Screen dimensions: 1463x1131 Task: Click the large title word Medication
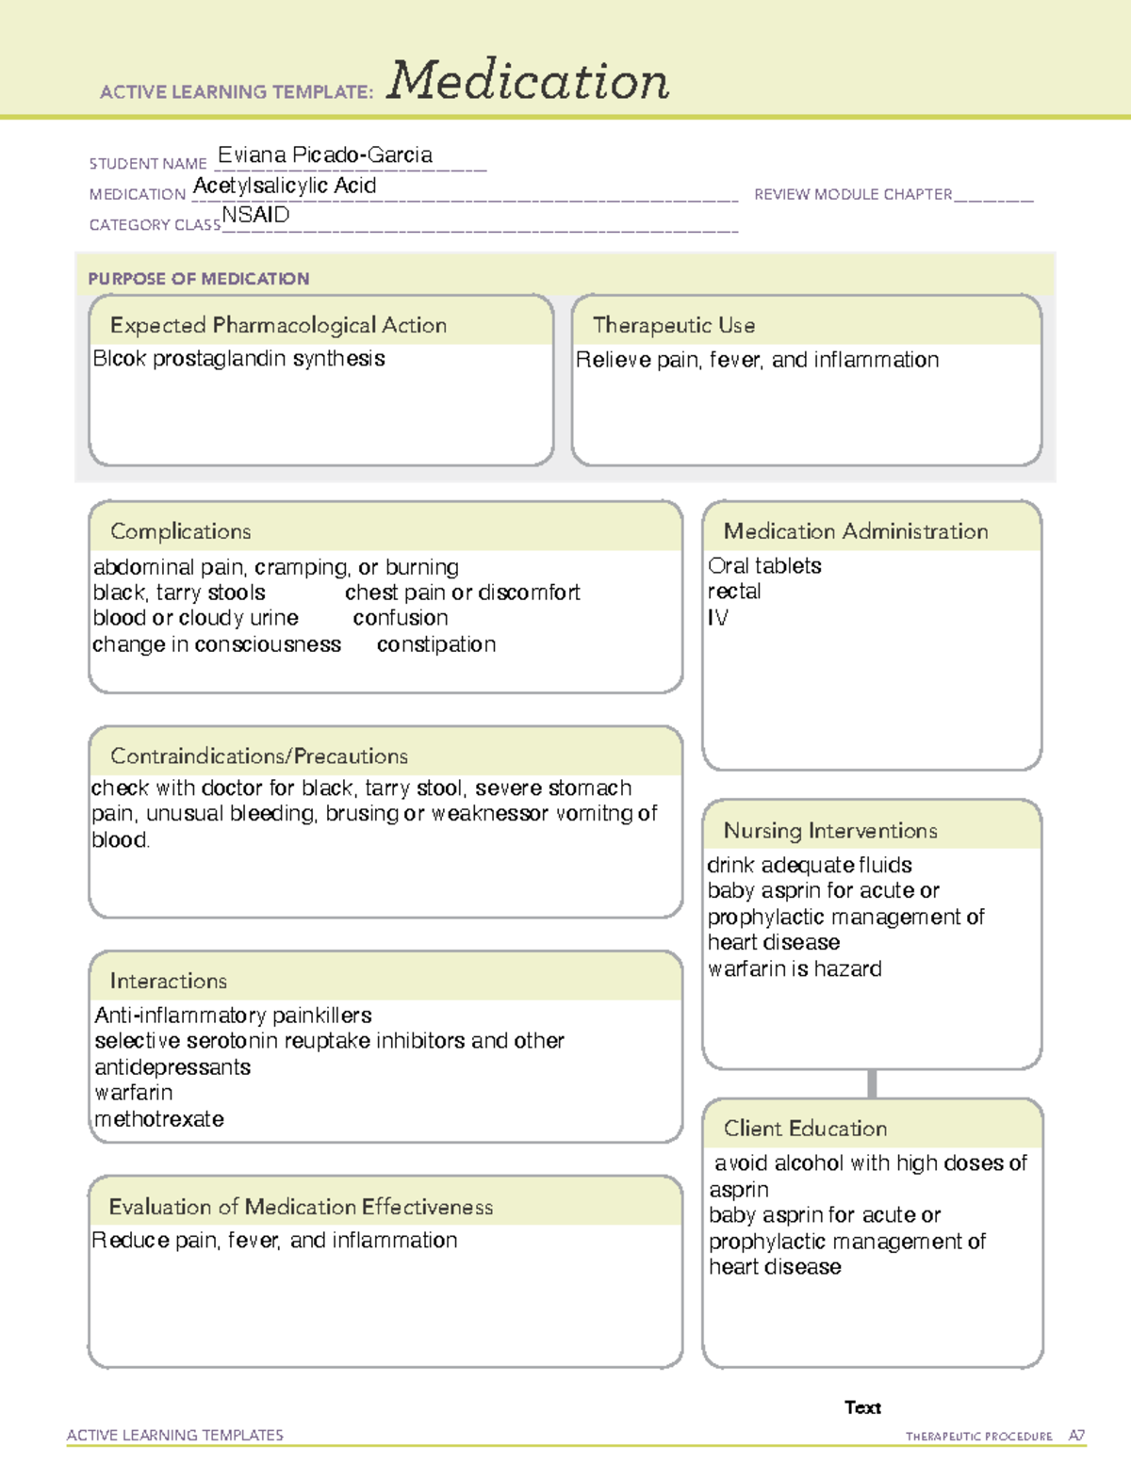pyautogui.click(x=527, y=81)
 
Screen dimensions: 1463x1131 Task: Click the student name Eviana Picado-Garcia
pyautogui.click(x=325, y=154)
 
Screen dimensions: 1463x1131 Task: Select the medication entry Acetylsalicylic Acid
pyautogui.click(x=285, y=186)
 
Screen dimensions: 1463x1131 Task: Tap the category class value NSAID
pyautogui.click(x=255, y=215)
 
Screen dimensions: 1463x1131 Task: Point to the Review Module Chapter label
pyautogui.click(x=853, y=194)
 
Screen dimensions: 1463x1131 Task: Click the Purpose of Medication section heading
pyautogui.click(x=198, y=279)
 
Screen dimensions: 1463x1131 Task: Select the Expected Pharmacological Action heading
pyautogui.click(x=278, y=325)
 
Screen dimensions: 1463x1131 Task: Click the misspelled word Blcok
pyautogui.click(x=119, y=359)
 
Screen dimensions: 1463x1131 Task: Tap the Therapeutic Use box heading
pyautogui.click(x=673, y=325)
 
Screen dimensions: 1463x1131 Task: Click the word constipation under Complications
pyautogui.click(x=435, y=644)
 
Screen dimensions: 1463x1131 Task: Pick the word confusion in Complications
pyautogui.click(x=400, y=618)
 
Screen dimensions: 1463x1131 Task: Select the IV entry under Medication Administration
pyautogui.click(x=717, y=618)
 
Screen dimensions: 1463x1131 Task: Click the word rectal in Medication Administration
pyautogui.click(x=734, y=592)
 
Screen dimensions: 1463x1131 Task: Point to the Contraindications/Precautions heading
pyautogui.click(x=258, y=756)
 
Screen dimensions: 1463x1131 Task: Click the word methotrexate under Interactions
pyautogui.click(x=159, y=1119)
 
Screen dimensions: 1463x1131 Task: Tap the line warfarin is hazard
pyautogui.click(x=795, y=968)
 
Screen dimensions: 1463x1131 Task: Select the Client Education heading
pyautogui.click(x=805, y=1129)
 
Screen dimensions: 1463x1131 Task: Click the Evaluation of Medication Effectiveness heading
pyautogui.click(x=301, y=1207)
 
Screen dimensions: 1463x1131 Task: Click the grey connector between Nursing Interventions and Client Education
pyautogui.click(x=872, y=1083)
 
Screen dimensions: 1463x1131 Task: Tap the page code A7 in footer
pyautogui.click(x=1075, y=1436)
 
